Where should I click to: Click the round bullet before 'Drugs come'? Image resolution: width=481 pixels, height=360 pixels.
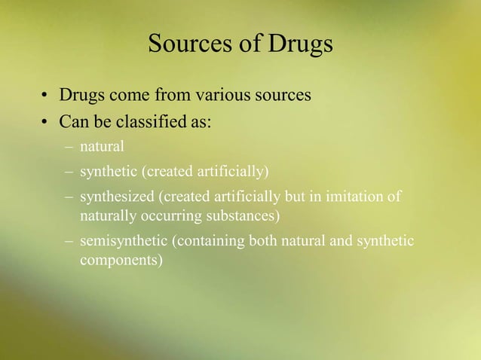[45, 97]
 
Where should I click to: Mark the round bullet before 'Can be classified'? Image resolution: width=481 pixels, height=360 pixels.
[45, 121]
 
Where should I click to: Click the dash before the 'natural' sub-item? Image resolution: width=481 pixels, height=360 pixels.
[69, 147]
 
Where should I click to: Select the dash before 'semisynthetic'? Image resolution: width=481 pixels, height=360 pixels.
[69, 243]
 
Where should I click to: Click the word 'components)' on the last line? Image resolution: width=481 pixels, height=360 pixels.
[121, 261]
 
